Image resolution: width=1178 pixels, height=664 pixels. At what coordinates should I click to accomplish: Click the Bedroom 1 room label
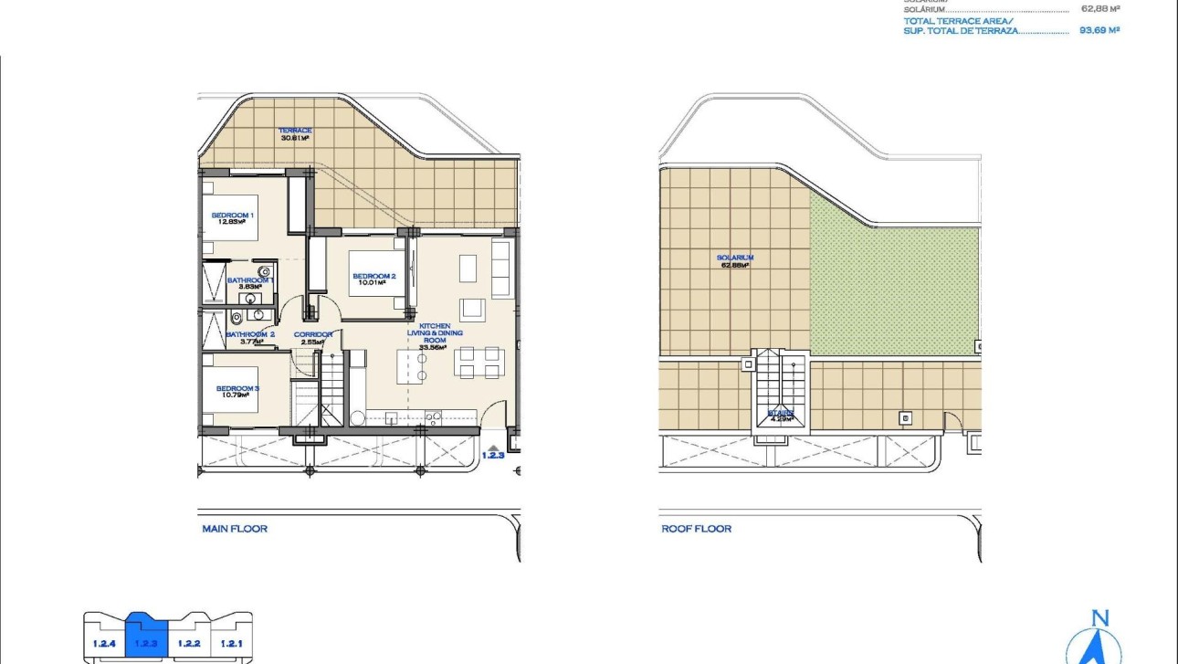[232, 218]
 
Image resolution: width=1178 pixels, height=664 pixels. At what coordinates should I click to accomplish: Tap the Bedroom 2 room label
[373, 279]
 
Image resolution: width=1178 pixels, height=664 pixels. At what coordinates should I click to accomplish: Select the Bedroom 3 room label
[237, 392]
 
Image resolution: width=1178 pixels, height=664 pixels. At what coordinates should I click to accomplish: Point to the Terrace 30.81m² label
[295, 134]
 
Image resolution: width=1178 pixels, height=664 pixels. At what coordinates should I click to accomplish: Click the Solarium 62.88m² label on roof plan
[735, 261]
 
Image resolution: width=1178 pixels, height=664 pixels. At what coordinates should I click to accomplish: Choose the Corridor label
[312, 338]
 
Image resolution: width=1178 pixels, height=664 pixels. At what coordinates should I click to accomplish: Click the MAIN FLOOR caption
[235, 529]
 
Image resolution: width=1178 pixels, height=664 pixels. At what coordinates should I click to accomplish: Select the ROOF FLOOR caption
[696, 529]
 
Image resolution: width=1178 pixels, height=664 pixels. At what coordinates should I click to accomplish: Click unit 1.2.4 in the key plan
[104, 643]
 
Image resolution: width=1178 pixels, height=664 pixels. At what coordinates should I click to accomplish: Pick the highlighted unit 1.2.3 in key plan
[146, 641]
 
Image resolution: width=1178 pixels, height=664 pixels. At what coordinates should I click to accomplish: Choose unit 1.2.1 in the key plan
[231, 643]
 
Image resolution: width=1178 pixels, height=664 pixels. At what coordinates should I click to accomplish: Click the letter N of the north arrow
[1099, 618]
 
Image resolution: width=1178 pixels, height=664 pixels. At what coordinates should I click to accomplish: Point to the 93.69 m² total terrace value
[1099, 30]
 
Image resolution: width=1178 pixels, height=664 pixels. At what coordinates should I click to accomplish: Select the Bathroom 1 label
[248, 283]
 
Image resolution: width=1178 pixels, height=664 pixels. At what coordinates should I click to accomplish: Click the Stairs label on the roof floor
[780, 416]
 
